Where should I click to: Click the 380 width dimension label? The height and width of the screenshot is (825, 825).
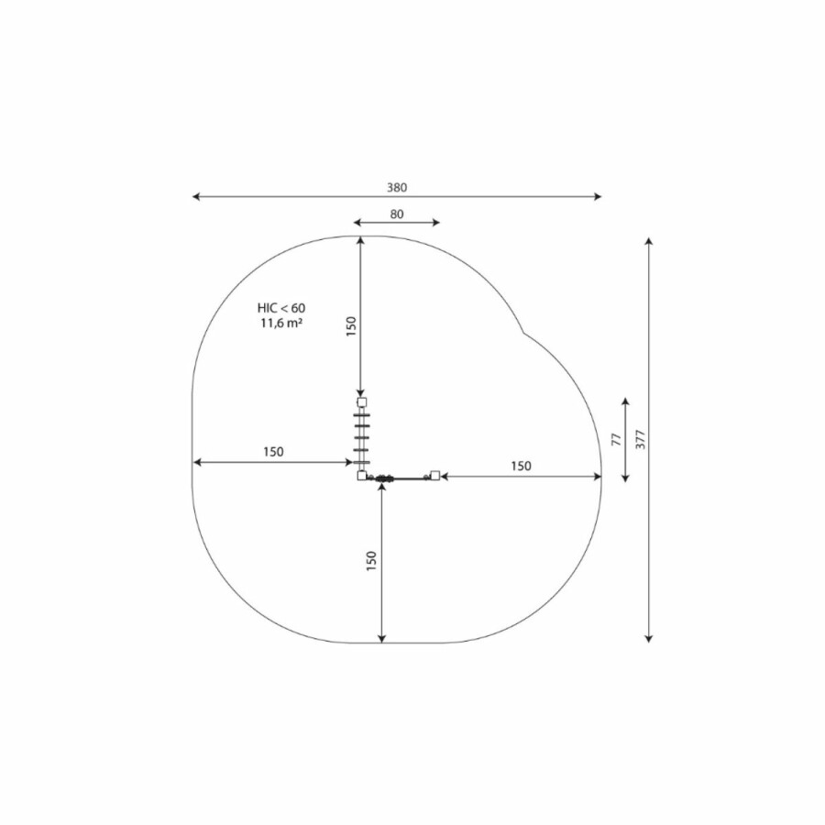(x=397, y=187)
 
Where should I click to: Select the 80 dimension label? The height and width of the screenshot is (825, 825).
(x=397, y=214)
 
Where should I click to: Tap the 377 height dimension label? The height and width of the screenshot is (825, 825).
(x=641, y=439)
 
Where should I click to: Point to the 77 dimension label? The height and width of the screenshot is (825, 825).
(x=617, y=439)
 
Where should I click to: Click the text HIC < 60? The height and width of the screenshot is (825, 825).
(x=281, y=308)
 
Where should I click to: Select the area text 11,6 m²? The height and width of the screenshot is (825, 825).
(x=281, y=323)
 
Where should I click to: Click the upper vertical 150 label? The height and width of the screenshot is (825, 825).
(x=351, y=326)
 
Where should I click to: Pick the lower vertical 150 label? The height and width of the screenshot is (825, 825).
(x=371, y=561)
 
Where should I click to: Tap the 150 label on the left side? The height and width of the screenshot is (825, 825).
(x=273, y=451)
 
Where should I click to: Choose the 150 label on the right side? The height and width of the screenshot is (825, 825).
(x=521, y=466)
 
